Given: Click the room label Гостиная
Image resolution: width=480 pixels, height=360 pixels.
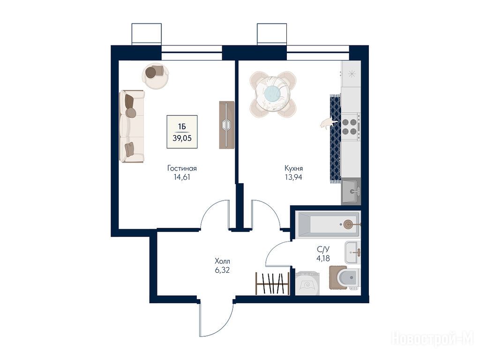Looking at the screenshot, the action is coord(182,168).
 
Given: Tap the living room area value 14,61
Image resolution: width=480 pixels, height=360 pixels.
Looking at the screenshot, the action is coord(182,177).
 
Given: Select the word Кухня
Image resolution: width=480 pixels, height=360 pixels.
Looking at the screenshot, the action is coord(293,168).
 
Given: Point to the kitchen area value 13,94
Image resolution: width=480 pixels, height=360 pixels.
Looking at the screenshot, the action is coord(293,177).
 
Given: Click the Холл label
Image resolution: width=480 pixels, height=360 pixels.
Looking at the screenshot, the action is coord(222,262).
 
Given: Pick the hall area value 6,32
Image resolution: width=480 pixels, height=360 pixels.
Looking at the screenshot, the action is coord(222,270).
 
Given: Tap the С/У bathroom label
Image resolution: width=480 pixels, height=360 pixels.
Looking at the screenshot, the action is coord(323,249).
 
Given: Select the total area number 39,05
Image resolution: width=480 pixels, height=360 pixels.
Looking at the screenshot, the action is coord(182,138).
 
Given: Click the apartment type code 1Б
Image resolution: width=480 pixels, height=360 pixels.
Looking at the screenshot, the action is coord(182,127).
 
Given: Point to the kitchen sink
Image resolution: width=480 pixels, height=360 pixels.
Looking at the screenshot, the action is coord(351,192).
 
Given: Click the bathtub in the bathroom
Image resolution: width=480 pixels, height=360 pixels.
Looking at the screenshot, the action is coord(329,225).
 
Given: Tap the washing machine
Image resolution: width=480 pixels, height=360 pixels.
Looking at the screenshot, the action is coord(307,283).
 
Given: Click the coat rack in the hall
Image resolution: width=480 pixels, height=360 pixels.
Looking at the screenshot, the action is coord(272,284).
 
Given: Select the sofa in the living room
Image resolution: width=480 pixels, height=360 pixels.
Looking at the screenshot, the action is coord(132,126).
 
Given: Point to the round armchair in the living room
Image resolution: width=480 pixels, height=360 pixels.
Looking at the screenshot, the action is coord(155,75).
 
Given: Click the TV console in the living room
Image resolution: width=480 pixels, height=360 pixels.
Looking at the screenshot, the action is coord(227,125).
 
